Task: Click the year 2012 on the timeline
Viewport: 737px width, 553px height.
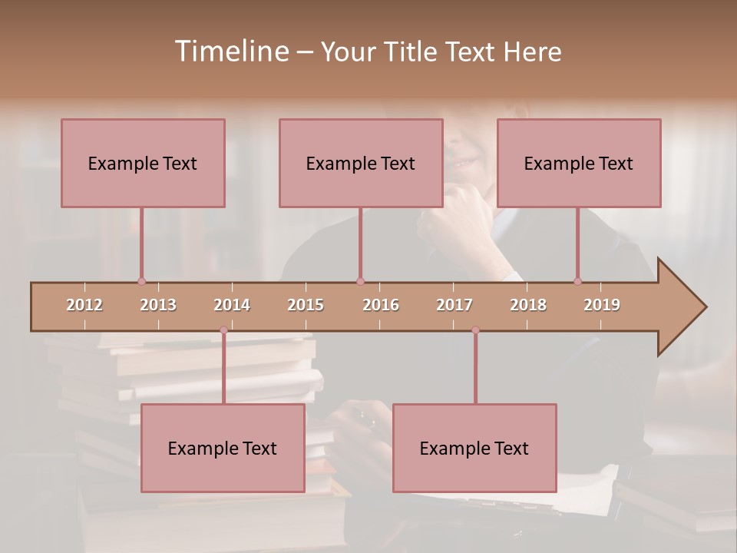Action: [x=84, y=305]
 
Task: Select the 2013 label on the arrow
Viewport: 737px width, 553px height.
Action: [x=158, y=305]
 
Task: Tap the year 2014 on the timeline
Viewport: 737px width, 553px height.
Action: [x=232, y=305]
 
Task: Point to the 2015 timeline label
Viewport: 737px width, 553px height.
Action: [x=306, y=305]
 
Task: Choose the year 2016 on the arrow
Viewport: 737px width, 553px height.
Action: [x=381, y=305]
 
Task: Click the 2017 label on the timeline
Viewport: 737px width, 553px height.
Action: [x=454, y=305]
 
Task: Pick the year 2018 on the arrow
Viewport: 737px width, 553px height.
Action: [x=528, y=305]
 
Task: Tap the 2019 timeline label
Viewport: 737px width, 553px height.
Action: [x=602, y=305]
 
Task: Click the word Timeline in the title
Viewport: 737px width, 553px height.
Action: [x=230, y=51]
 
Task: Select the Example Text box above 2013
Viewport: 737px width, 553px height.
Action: [x=143, y=163]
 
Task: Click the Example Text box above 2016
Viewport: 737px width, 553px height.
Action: [x=361, y=163]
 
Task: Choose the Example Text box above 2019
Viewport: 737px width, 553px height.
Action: [x=579, y=163]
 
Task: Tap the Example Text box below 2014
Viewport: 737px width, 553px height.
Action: [x=223, y=448]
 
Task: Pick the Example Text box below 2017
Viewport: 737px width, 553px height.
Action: [x=474, y=448]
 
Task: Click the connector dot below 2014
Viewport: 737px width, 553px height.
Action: [x=223, y=330]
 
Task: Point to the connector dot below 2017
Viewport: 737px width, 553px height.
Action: [x=475, y=330]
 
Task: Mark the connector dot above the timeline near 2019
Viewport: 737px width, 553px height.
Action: [x=578, y=281]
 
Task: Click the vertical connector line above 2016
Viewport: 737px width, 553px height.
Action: [x=360, y=244]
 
